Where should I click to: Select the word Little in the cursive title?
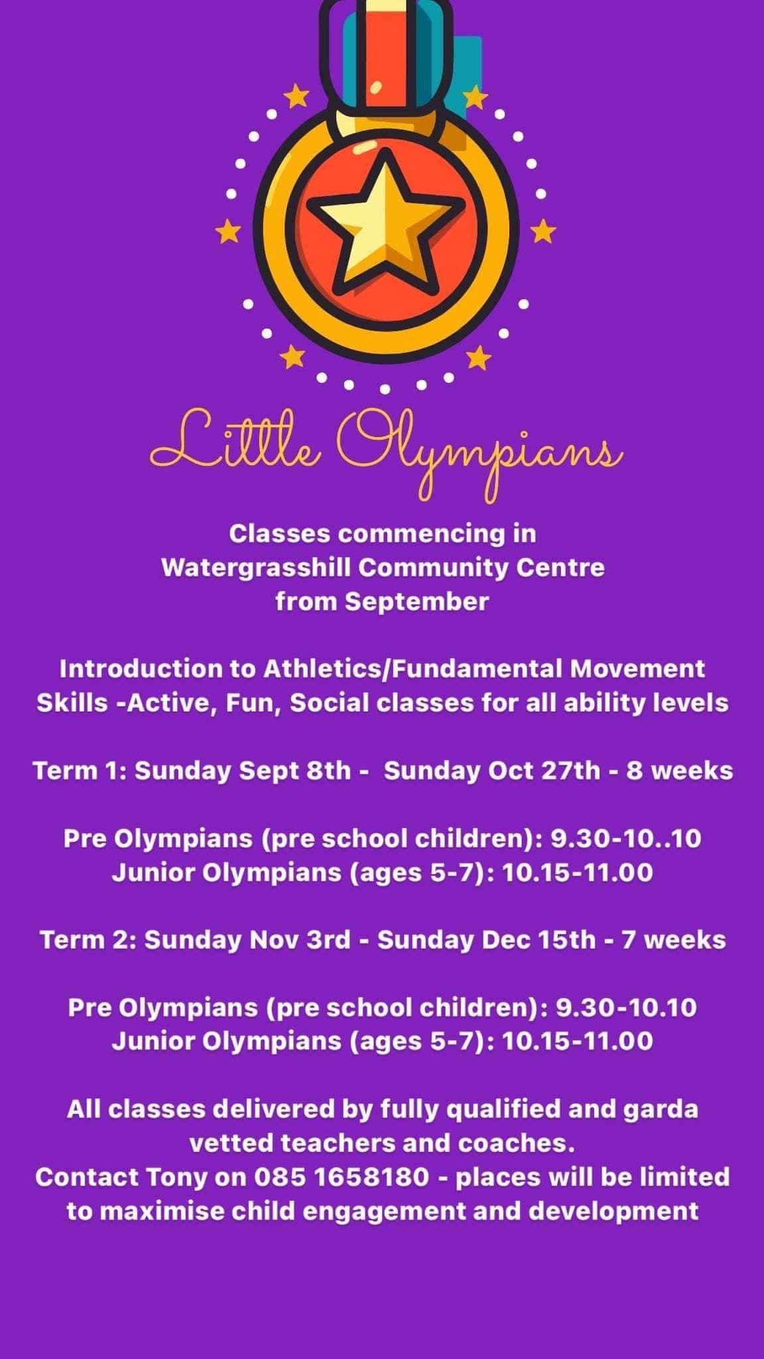pyautogui.click(x=236, y=441)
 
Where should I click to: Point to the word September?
pyautogui.click(x=416, y=603)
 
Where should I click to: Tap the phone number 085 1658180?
pyautogui.click(x=342, y=1177)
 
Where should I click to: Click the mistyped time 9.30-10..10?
pyautogui.click(x=626, y=839)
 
